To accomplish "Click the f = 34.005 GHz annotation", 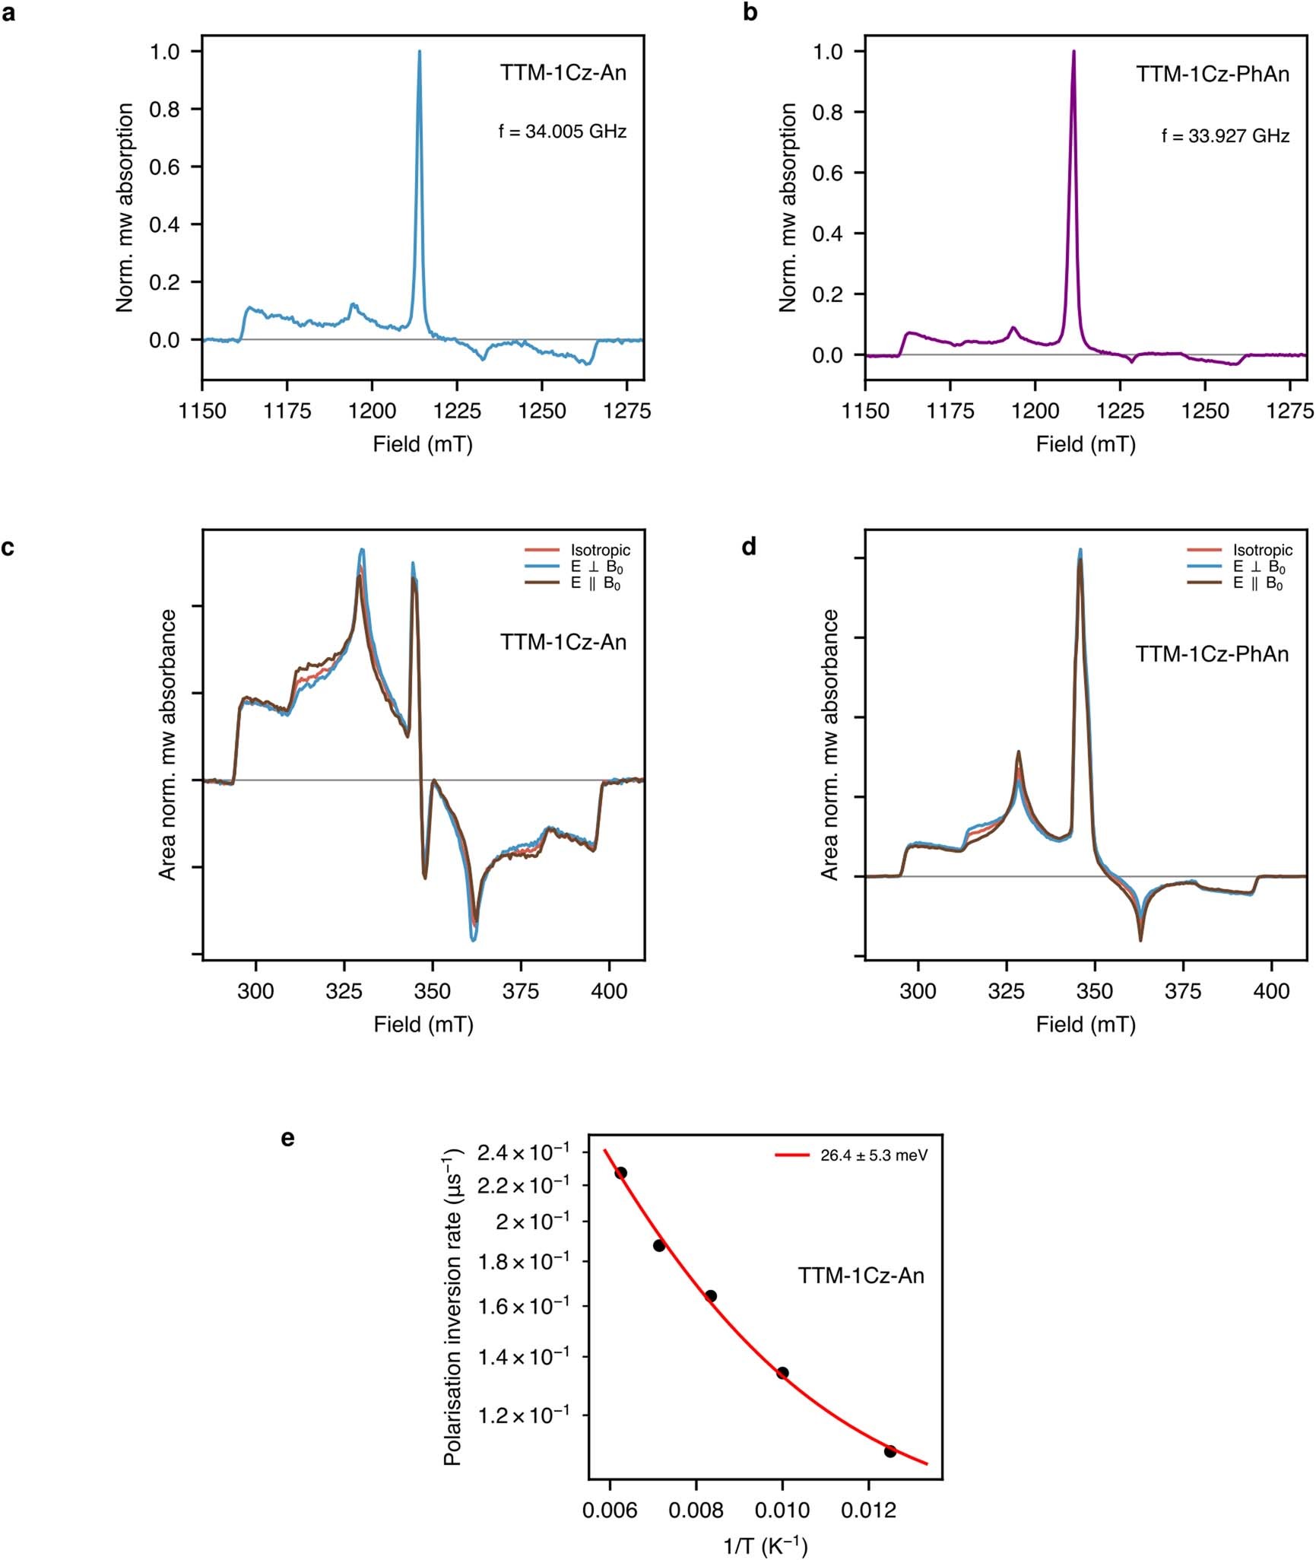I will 563,132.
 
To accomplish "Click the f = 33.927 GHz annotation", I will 1226,136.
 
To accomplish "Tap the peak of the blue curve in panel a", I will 420,52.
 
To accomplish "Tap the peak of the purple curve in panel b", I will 1073,52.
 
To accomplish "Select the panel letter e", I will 287,1139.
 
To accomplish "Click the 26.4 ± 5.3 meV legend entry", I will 874,1155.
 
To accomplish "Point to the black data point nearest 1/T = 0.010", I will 782,1373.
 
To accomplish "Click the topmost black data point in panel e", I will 621,1173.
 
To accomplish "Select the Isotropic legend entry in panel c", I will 600,550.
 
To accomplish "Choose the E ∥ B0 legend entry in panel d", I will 1257,583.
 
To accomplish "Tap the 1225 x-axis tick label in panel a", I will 457,411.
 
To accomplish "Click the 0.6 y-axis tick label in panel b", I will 827,173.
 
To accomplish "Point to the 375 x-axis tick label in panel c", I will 521,992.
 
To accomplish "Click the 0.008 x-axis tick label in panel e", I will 696,1511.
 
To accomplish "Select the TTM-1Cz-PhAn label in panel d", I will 1212,654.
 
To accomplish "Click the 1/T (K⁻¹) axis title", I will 765,1546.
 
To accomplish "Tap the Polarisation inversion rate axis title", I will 452,1306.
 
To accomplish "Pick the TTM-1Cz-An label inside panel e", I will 861,1276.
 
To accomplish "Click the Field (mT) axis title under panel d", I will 1086,1025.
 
